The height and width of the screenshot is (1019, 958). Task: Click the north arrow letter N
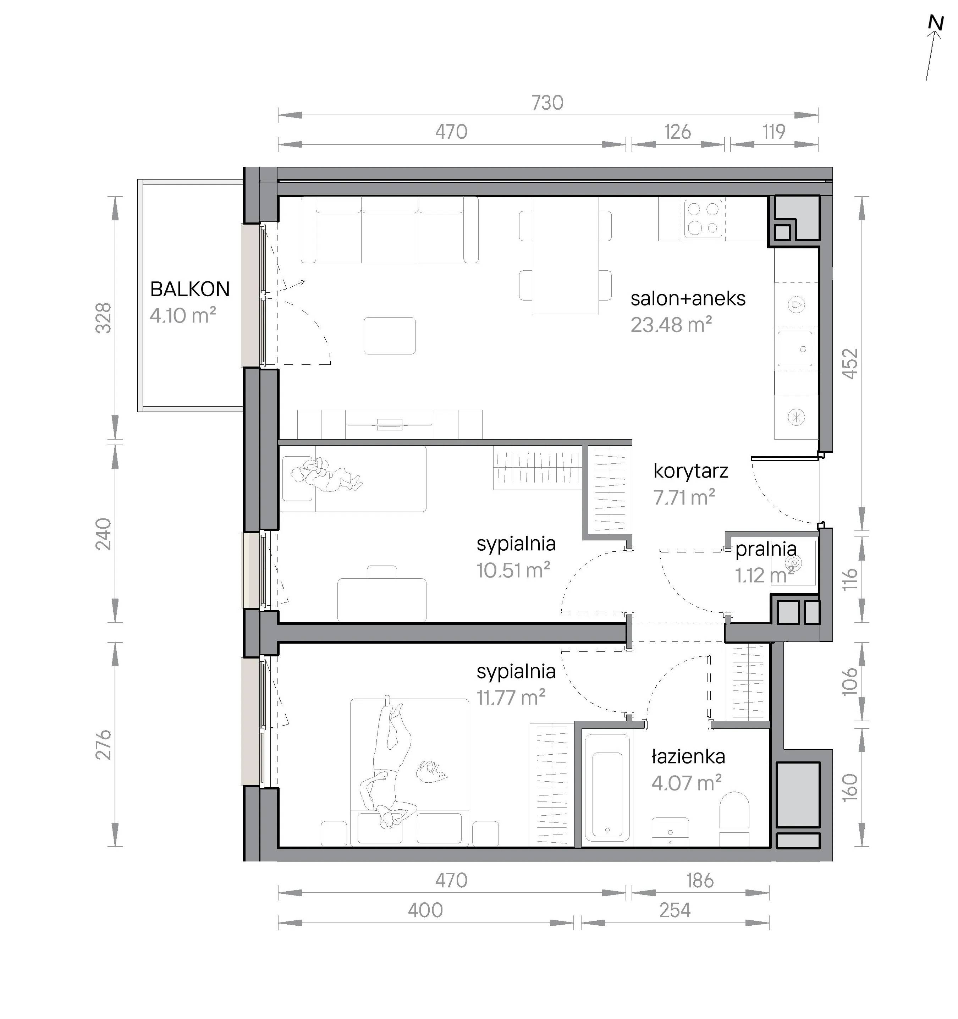pos(936,23)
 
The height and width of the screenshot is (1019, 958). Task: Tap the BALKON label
pos(190,290)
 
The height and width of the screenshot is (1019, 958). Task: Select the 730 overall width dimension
pos(547,103)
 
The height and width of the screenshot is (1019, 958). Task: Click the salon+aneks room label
pos(688,298)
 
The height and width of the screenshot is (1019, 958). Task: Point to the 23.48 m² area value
pos(671,324)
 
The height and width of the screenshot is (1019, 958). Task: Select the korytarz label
pos(690,471)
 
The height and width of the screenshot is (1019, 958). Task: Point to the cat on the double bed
pos(431,772)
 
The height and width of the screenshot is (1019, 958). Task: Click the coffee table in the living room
pos(390,336)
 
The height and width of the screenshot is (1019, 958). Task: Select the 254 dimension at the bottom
pos(675,910)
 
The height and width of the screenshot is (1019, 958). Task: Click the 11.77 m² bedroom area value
pos(511,697)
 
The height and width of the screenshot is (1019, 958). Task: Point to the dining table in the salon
pos(565,255)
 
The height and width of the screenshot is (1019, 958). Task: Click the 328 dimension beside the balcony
pos(104,318)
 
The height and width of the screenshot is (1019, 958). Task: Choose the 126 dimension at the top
pos(678,132)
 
